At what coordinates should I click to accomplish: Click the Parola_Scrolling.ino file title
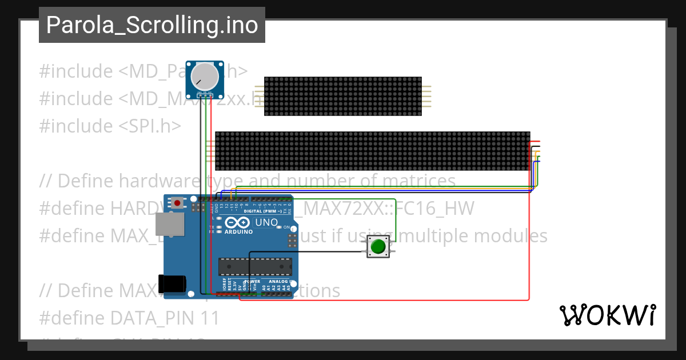(151, 25)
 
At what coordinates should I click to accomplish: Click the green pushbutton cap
(377, 246)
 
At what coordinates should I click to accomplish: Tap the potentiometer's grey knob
(204, 75)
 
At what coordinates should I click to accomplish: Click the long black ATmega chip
(255, 266)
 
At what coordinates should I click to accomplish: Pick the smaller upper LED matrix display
(342, 96)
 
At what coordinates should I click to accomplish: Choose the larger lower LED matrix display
(372, 151)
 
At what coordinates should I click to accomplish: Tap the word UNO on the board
(266, 222)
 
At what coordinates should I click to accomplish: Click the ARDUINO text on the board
(239, 231)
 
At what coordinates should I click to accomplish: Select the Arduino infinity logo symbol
(238, 222)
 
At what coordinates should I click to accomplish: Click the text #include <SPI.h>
(110, 126)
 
